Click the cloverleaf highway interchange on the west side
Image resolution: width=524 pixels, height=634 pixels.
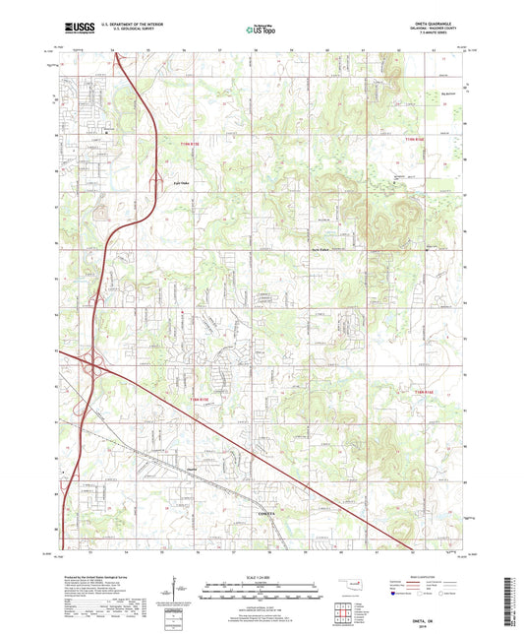tap(96, 366)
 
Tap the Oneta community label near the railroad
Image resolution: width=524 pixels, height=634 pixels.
tap(194, 470)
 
